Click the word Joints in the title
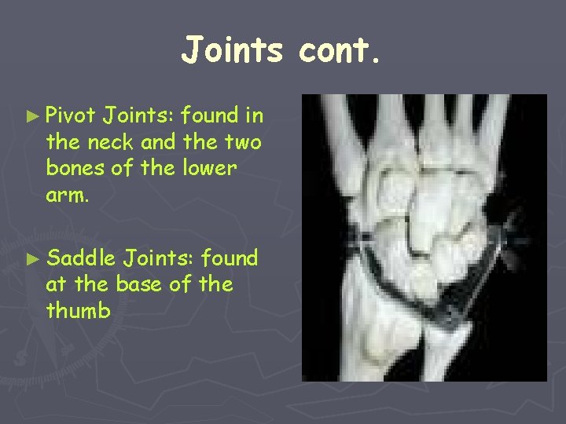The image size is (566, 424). pos(232,50)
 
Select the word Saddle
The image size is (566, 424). pos(81,258)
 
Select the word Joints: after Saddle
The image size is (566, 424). pos(160,258)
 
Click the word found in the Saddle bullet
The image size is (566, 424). pos(230,258)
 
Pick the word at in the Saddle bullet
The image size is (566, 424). pos(57,285)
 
